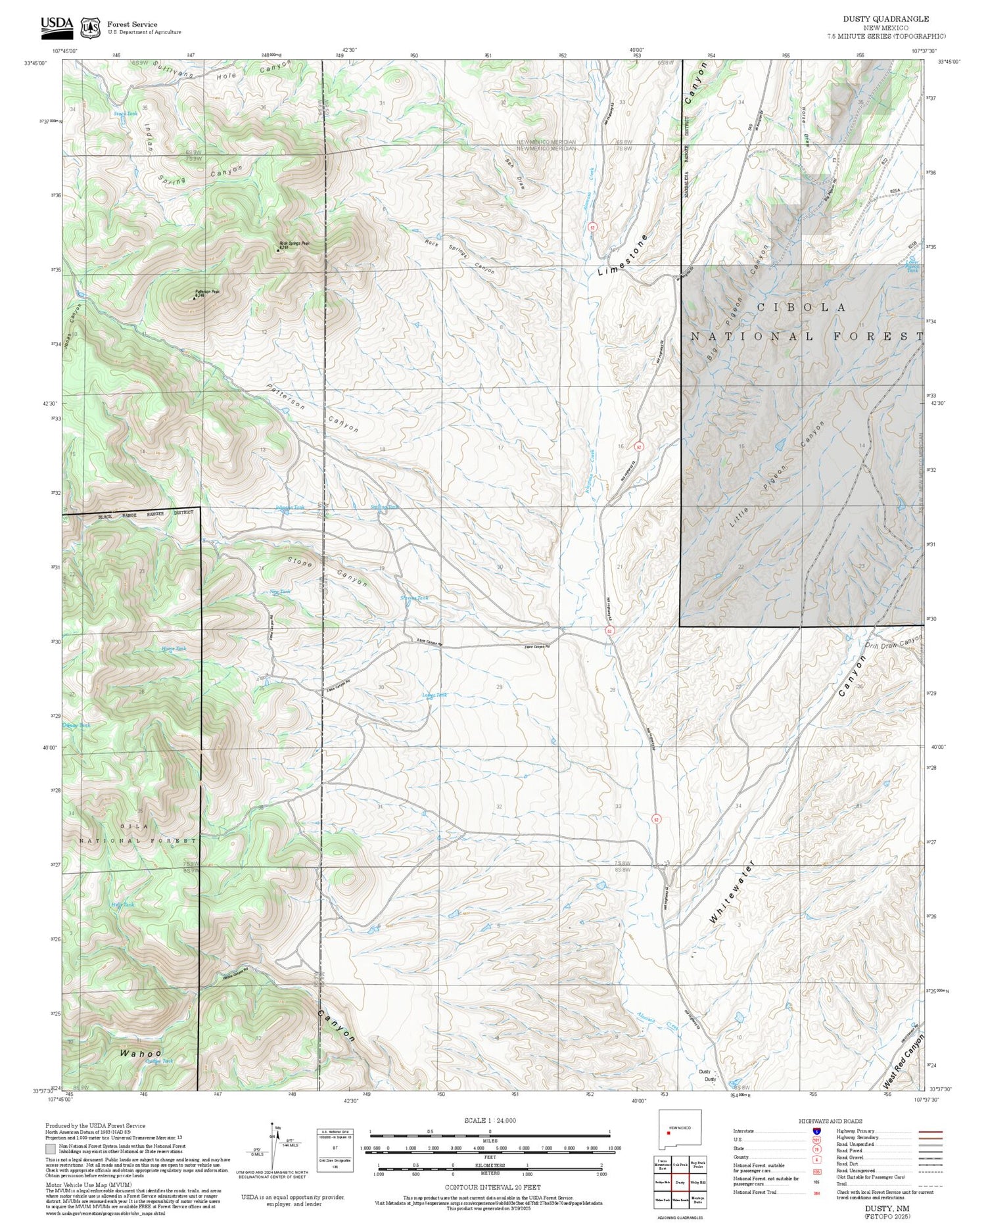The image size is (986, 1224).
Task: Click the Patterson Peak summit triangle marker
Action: [x=194, y=298]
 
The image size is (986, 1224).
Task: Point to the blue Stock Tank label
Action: [x=126, y=114]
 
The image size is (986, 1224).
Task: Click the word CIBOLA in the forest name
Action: [x=802, y=308]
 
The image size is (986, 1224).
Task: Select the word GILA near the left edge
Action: [x=134, y=826]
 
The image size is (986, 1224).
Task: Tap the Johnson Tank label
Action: [x=289, y=507]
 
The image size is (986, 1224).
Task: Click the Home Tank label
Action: [x=174, y=648]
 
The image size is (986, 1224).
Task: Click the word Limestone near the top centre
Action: [x=622, y=256]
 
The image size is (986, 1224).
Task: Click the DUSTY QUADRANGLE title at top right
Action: [x=885, y=19]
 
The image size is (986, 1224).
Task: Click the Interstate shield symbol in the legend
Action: [x=816, y=1131]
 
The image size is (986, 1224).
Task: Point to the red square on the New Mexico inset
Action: [x=668, y=1132]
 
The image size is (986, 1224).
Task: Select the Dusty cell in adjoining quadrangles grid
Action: [x=680, y=1181]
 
